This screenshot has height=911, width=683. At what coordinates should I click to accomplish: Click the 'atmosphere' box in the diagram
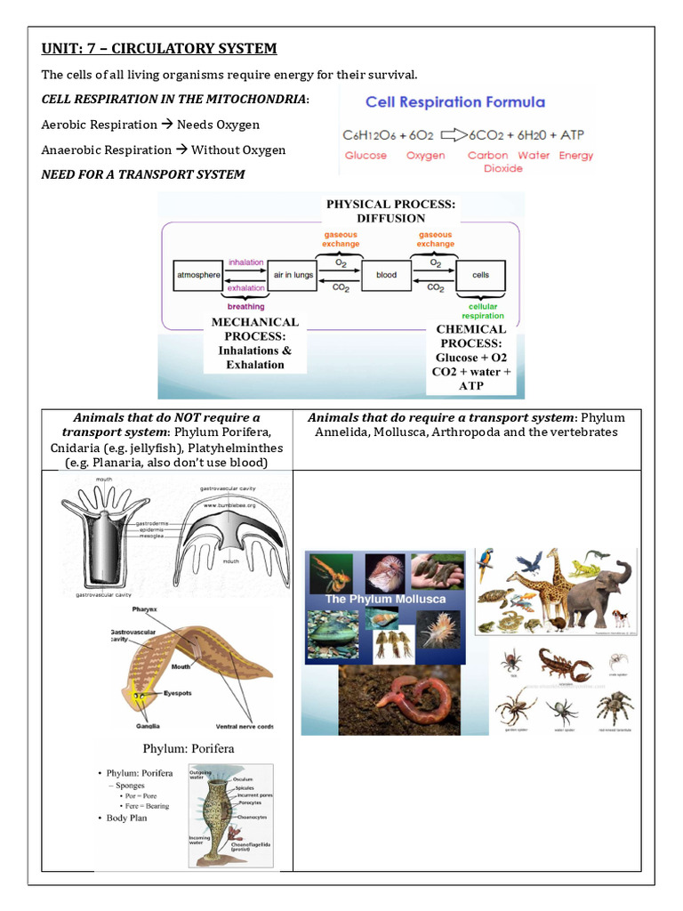[x=197, y=275]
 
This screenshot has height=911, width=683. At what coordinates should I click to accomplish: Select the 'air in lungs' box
[x=293, y=275]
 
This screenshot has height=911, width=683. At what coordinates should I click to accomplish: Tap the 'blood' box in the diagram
[x=386, y=275]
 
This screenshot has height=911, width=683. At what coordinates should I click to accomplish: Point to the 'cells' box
[x=480, y=275]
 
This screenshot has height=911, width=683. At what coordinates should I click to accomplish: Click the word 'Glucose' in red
[x=366, y=156]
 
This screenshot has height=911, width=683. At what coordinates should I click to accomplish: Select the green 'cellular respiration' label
[x=483, y=310]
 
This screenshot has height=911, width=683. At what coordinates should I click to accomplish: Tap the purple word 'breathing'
[x=245, y=307]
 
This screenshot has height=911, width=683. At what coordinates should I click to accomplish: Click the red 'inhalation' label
[x=246, y=262]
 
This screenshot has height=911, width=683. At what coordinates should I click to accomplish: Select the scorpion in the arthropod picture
[x=566, y=665]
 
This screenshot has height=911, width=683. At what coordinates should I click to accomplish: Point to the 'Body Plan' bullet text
[x=126, y=818]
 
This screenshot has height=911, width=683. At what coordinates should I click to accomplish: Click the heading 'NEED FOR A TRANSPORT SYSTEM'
[x=143, y=174]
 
